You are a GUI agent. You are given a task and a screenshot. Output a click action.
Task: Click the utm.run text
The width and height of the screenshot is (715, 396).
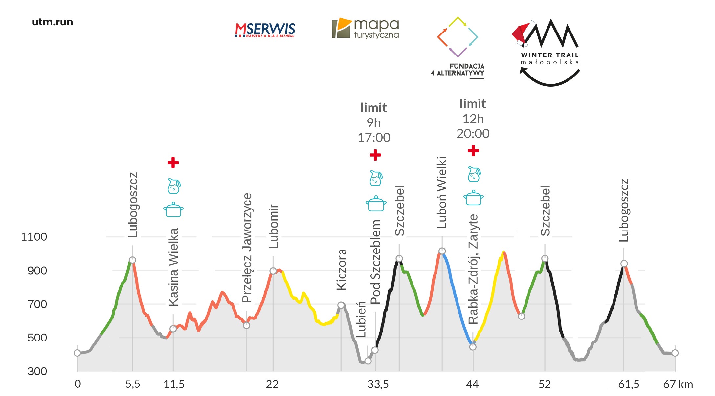point(52,22)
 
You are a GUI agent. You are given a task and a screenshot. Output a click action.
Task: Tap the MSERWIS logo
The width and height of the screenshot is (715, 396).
point(265,30)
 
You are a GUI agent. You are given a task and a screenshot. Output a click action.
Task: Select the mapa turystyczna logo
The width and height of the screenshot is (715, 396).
point(366,28)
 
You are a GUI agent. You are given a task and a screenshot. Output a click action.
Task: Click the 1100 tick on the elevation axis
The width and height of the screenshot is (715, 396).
point(34,237)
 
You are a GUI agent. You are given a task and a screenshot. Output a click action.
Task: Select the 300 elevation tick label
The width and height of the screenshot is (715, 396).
point(37,371)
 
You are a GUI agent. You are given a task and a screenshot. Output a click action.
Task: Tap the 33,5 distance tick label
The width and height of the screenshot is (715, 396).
point(378,384)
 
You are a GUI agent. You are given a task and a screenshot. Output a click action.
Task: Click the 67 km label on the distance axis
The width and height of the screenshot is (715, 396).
point(678,384)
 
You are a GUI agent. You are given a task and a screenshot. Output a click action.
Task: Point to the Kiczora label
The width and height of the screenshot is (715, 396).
point(342,270)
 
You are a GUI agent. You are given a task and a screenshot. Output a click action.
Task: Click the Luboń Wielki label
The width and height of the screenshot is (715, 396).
point(442,192)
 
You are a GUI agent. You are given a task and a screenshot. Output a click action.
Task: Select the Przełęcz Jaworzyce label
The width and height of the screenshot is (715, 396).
point(247,248)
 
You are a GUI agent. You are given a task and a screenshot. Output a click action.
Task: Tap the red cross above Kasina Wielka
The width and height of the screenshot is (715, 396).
point(173,163)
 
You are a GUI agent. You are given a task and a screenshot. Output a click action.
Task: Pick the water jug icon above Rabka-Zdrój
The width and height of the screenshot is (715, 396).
point(474,174)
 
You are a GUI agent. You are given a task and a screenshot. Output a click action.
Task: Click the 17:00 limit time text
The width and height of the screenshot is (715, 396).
point(374,137)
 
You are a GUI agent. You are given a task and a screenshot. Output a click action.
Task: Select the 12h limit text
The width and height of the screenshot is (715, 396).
point(473,119)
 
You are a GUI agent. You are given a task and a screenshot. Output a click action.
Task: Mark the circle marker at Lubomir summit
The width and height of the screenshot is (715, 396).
point(273,271)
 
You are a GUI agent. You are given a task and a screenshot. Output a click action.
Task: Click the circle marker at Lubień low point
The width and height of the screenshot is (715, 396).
point(368,361)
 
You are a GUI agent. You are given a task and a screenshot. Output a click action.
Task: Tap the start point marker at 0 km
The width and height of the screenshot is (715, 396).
point(77,353)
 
